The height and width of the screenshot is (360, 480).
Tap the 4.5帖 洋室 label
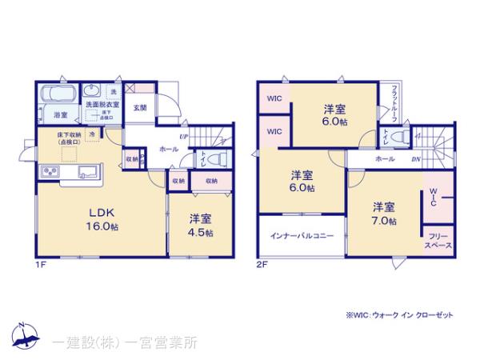click(x=201, y=225)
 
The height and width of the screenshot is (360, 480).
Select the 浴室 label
click(x=48, y=114)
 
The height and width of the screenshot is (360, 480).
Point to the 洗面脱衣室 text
click(x=102, y=104)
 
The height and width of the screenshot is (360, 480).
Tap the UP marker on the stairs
click(x=185, y=136)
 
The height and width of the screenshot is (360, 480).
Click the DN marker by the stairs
click(x=417, y=159)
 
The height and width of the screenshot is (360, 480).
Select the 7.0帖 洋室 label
click(x=384, y=212)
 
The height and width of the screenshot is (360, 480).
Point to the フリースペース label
click(x=438, y=241)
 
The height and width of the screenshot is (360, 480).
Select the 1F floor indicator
click(x=40, y=264)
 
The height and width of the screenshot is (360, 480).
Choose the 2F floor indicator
click(x=262, y=264)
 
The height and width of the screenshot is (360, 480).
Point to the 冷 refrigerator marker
click(x=93, y=133)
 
